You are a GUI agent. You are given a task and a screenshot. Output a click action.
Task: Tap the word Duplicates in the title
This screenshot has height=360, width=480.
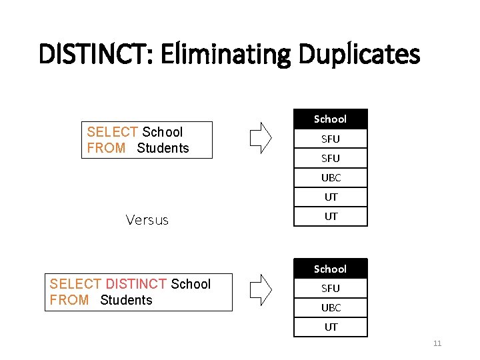355,54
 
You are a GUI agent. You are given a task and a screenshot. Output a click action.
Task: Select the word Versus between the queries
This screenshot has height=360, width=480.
147,220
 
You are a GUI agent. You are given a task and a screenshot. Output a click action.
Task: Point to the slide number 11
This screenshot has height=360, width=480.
437,343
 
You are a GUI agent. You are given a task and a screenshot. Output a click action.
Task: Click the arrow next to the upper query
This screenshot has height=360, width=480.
261,137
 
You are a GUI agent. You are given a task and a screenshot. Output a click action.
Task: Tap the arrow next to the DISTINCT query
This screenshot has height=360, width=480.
261,289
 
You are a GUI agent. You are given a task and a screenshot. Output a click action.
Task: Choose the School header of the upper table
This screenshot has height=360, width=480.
331,119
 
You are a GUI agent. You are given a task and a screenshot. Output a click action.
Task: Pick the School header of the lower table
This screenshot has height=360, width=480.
331,269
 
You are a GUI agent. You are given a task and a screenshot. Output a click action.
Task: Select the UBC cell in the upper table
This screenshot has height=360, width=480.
331,178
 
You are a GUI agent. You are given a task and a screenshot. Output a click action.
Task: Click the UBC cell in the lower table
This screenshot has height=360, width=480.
331,308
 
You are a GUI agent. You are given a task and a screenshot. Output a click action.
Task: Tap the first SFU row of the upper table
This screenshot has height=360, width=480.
331,139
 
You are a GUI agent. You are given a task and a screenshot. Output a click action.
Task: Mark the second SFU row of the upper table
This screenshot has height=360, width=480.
331,159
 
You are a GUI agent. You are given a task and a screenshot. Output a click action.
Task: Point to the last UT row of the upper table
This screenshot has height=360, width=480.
331,217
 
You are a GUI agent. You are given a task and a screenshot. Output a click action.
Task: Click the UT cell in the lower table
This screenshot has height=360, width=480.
331,327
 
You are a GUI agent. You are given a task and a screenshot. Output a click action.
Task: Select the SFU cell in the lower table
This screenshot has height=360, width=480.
331,289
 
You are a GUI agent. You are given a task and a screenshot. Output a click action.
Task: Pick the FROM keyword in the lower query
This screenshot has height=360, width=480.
69,300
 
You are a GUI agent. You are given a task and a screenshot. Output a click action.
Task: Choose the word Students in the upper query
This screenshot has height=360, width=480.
163,148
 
